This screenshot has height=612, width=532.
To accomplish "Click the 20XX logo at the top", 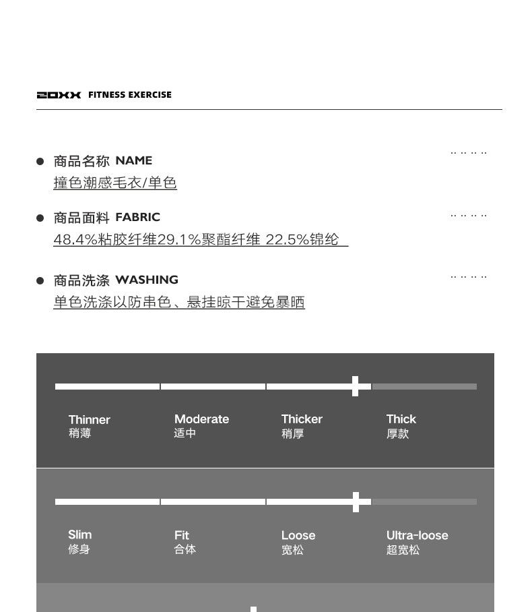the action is tap(59, 95).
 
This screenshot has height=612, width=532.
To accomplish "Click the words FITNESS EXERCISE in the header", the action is tap(130, 95).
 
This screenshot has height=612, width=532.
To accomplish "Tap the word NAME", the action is tap(133, 160).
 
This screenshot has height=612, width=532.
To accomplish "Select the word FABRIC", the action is tap(137, 217).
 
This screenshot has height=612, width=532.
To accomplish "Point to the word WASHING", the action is tap(147, 280).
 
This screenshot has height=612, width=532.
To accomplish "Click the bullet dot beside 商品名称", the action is tap(40, 161).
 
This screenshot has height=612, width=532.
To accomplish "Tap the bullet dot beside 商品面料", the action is tap(40, 218).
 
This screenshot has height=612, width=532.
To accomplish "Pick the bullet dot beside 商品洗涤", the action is tap(40, 280).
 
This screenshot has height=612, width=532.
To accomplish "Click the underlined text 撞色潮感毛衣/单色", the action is tap(115, 183).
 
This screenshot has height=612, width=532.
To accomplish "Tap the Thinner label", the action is tap(89, 419).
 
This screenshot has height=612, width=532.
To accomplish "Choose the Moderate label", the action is tap(201, 419).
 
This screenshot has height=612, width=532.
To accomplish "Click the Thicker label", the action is tap(302, 419).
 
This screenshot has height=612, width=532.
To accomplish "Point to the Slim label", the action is tap(79, 535).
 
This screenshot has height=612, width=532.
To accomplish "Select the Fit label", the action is tap(182, 535).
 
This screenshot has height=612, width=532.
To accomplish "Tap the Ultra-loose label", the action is tap(417, 535).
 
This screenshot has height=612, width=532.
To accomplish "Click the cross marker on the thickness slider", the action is tap(356, 386).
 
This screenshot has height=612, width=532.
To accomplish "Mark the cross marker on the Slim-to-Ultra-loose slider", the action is tap(356, 501).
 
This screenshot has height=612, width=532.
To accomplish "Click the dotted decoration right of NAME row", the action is tap(469, 153).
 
